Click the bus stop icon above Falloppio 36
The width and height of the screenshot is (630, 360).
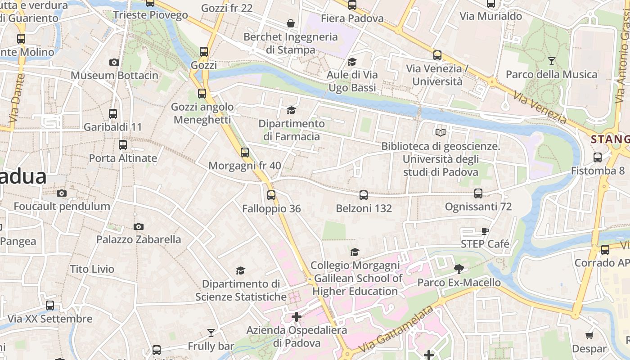pyautogui.click(x=271, y=195)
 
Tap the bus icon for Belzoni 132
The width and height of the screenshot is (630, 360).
pyautogui.click(x=364, y=195)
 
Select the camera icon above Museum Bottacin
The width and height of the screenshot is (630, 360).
pyautogui.click(x=114, y=62)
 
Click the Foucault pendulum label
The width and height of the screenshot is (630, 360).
pyautogui.click(x=62, y=207)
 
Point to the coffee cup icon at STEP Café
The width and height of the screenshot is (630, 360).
pyautogui.click(x=485, y=231)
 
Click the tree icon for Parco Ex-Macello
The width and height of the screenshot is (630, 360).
pyautogui.click(x=459, y=269)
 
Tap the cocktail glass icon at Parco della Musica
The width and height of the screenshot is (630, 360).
pyautogui.click(x=552, y=61)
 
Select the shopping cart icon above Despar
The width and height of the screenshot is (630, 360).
pyautogui.click(x=589, y=335)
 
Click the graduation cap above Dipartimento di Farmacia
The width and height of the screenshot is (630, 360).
pyautogui.click(x=291, y=110)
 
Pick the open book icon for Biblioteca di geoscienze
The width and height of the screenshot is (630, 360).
pyautogui.click(x=440, y=132)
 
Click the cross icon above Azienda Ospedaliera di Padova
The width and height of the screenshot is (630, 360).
pyautogui.click(x=296, y=317)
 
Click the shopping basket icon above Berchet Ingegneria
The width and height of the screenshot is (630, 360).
pyautogui.click(x=291, y=23)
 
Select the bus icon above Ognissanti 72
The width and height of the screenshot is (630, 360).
pyautogui.click(x=478, y=193)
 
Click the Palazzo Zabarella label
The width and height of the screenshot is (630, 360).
pyautogui.click(x=139, y=239)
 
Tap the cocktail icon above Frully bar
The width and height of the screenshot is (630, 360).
pyautogui.click(x=211, y=333)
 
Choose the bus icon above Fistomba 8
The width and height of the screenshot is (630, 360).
pyautogui.click(x=598, y=157)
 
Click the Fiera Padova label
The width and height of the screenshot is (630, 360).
pyautogui.click(x=352, y=18)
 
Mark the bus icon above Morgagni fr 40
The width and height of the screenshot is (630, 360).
pyautogui.click(x=245, y=152)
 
